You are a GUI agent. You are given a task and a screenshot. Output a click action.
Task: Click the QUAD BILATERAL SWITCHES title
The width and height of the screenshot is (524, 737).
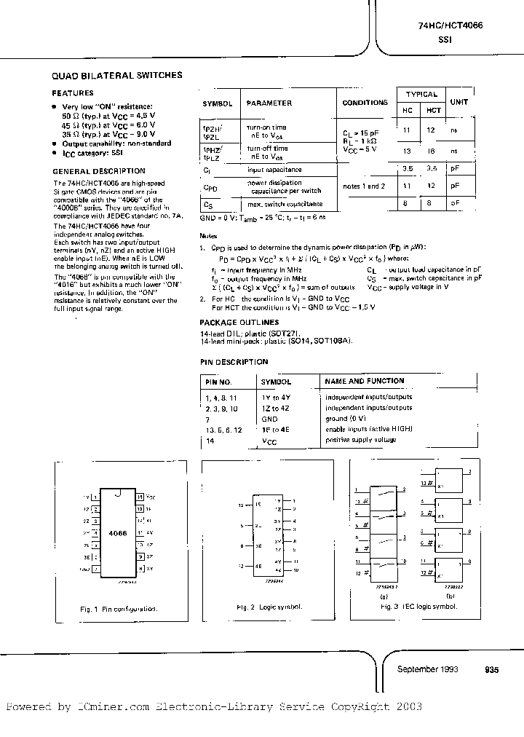tap(117, 75)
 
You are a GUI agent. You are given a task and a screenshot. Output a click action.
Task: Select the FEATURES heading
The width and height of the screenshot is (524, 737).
tap(73, 93)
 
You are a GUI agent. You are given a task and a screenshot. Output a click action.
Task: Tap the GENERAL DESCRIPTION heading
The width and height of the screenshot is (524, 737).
tap(89, 171)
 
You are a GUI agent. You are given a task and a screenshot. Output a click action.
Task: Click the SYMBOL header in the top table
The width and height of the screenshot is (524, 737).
tap(217, 103)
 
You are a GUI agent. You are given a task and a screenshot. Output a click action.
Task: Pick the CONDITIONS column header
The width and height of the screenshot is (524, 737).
tap(365, 103)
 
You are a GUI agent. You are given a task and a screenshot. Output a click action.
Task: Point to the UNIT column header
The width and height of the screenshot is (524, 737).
tap(459, 103)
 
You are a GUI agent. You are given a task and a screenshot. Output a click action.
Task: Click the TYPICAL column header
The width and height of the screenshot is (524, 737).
tap(421, 95)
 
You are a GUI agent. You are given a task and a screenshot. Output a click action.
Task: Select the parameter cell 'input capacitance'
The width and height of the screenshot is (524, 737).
tap(274, 169)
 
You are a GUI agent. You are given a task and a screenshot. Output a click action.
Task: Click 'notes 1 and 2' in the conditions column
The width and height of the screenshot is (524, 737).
tap(364, 186)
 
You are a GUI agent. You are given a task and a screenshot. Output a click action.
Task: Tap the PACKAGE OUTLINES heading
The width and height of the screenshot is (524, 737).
tap(239, 322)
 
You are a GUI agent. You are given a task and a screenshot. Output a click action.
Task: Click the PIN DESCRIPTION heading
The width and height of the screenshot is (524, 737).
tap(234, 362)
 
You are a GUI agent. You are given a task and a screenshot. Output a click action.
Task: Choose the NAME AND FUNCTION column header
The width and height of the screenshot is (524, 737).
tap(365, 381)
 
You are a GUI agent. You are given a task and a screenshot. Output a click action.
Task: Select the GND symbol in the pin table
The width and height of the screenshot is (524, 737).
tap(270, 419)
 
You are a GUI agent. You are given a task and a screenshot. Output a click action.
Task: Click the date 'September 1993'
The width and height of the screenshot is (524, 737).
tap(428, 669)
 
